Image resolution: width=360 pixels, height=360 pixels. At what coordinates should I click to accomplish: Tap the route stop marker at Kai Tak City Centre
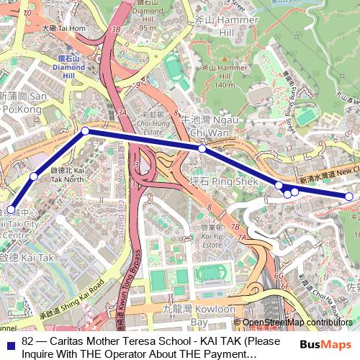[11, 209]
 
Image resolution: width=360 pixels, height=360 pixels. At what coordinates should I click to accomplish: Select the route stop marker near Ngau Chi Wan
[202, 148]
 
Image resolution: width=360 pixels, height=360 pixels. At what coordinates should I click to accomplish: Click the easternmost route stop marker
[349, 197]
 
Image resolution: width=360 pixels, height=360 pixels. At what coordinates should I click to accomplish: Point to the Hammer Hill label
[217, 27]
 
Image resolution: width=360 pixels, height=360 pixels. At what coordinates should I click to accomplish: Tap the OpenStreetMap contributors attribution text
[297, 323]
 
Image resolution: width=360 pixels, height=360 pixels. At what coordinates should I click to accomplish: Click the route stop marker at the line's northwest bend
[85, 131]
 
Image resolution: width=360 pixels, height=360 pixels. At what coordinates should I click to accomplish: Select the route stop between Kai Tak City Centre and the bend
[34, 176]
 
